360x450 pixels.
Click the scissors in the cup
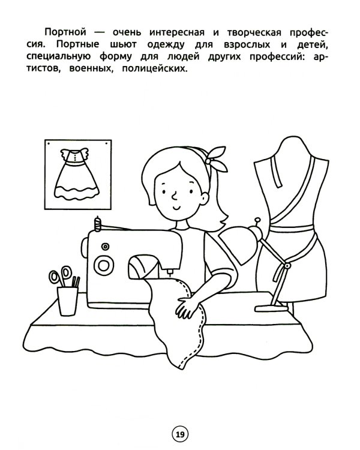point(59,277)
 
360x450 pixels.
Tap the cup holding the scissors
point(67,299)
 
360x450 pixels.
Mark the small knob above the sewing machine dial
point(106,246)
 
